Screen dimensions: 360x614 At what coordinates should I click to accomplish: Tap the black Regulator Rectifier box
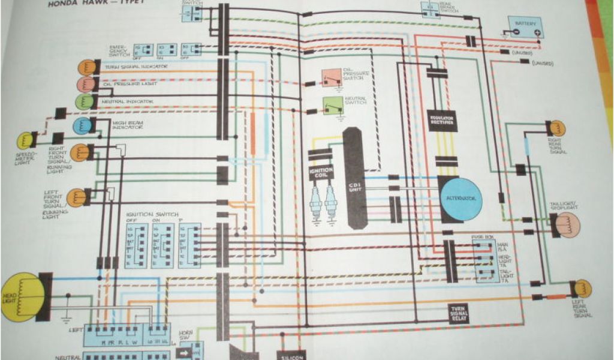pos(442,120)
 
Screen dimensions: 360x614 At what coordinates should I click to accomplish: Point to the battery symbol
pos(526,26)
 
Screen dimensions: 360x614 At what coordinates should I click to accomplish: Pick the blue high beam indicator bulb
pos(82,125)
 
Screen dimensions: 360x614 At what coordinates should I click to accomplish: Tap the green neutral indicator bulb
pos(83,101)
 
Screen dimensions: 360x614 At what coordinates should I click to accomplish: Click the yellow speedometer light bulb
pos(25,140)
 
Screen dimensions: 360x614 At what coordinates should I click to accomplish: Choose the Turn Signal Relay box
pos(461,313)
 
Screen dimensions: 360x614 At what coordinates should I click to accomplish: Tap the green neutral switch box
pos(330,106)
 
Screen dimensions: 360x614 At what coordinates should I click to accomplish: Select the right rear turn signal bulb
pos(556,128)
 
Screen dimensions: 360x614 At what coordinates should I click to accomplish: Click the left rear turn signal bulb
pos(580,289)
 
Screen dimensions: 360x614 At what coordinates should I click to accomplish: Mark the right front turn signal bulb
pos(80,152)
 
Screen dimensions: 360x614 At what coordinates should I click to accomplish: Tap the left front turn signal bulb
pos(77,197)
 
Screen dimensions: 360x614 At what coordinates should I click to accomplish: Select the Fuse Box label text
pos(481,237)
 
